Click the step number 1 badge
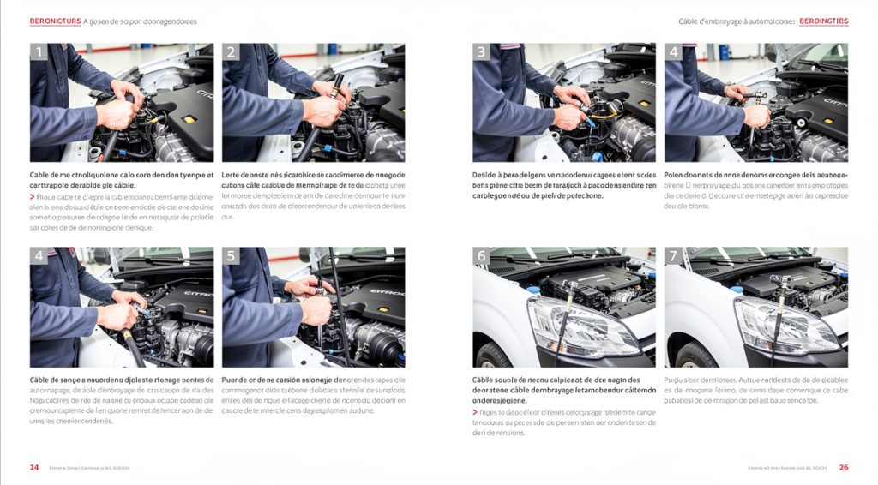coord(39,52)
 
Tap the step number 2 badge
coord(231,52)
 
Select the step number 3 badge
coord(481,52)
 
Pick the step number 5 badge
coord(231,256)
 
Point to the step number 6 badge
coord(481,256)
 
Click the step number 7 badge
coord(673,256)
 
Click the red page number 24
coord(34,467)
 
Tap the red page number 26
coord(844,467)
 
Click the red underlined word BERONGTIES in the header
coord(822,21)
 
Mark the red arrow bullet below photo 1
coord(32,196)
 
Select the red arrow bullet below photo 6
coord(475,412)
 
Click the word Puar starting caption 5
coord(231,379)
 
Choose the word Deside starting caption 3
coord(485,175)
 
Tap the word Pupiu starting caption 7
coord(676,379)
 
